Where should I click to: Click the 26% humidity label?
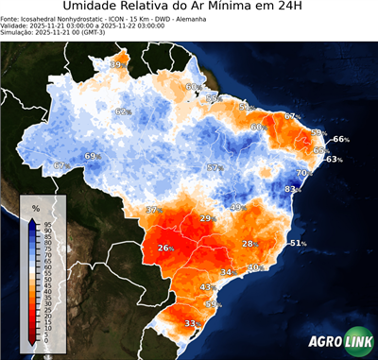pos(166,249)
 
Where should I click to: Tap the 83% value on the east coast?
pos(294,190)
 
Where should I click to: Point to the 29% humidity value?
pos(207,218)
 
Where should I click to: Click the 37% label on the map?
pos(154,210)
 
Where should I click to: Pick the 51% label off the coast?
pos(298,244)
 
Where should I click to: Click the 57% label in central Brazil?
pos(215,168)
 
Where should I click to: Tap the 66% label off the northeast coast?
pos(341,140)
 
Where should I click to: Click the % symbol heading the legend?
pos(36,207)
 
